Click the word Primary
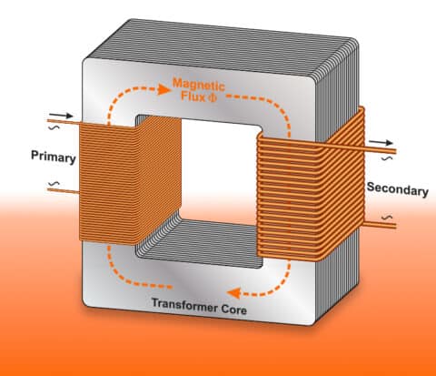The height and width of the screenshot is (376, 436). (54, 157)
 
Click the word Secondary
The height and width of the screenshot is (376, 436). (398, 189)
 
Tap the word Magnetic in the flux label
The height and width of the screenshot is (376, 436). (199, 85)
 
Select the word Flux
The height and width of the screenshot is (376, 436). (193, 97)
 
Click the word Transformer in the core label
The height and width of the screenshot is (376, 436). (184, 305)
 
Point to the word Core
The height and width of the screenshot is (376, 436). (233, 310)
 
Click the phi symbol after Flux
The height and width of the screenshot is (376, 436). (213, 97)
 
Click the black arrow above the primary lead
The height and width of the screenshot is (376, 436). (61, 116)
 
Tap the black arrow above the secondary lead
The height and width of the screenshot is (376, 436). (381, 142)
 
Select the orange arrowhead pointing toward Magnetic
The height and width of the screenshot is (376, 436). (163, 89)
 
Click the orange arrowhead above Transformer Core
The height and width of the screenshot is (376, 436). (233, 293)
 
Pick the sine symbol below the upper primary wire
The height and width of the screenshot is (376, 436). (54, 127)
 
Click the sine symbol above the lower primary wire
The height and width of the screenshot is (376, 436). (54, 184)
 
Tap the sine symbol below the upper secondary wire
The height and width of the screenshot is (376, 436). (387, 158)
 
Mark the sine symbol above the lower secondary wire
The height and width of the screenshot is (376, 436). (387, 218)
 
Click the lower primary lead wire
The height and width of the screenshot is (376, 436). (64, 191)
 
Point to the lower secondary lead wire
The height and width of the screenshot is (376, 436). (380, 225)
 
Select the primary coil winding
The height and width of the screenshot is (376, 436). (130, 179)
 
